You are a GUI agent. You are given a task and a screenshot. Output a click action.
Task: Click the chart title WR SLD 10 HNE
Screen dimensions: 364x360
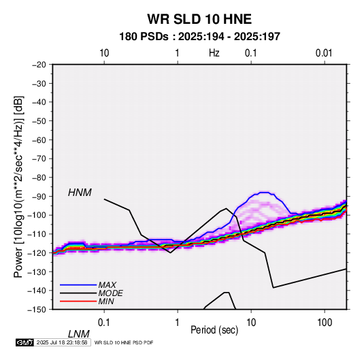(199, 19)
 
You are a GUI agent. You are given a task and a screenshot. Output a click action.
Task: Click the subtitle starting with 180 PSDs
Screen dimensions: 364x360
(199, 37)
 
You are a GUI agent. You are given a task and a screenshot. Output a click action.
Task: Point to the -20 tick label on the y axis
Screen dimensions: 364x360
(39, 65)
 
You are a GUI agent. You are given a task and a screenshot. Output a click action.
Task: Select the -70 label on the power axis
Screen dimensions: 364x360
(39, 159)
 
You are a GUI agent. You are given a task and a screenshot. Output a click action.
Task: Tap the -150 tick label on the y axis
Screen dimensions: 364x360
(37, 310)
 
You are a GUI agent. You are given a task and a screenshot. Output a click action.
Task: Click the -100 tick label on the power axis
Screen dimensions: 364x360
(37, 215)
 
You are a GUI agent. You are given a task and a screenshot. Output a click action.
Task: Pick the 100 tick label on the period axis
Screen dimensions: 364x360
(325, 323)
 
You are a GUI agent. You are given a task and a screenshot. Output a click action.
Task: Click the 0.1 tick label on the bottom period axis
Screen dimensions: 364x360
(104, 323)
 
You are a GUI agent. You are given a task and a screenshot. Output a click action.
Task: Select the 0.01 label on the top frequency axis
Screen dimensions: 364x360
(324, 53)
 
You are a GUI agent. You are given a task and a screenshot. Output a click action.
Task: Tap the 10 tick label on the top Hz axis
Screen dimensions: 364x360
(104, 53)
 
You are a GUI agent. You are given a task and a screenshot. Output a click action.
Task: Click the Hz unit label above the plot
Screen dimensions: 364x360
(214, 53)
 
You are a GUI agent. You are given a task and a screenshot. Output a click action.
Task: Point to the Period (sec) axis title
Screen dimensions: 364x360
(214, 330)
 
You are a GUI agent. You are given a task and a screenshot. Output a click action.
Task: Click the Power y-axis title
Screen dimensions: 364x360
(18, 186)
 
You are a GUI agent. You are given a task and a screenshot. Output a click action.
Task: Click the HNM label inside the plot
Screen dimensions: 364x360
(80, 193)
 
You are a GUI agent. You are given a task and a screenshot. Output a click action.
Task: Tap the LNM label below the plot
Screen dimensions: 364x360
(78, 334)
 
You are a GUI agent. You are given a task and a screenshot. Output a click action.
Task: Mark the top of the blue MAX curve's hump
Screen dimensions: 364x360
(264, 193)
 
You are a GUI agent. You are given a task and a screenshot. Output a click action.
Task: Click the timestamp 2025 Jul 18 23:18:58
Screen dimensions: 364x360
(62, 342)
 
